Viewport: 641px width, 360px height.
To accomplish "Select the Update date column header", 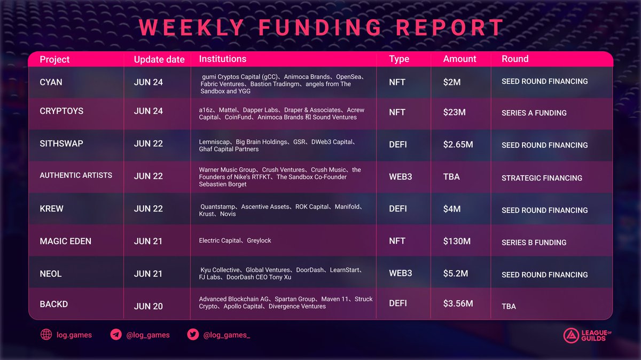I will [x=159, y=59].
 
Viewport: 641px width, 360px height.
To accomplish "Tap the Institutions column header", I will [x=223, y=59].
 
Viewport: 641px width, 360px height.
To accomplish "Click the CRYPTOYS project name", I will [x=62, y=111].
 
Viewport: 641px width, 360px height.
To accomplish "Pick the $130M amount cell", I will [x=457, y=241].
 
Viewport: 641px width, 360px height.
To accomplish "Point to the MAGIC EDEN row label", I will [x=65, y=241].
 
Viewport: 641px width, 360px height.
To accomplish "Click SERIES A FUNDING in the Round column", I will [x=534, y=113].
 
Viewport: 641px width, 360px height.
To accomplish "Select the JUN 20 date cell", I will [x=148, y=306].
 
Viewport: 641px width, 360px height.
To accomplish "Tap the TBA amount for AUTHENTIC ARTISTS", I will [x=451, y=176].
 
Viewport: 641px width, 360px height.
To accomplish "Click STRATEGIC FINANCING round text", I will [x=542, y=178].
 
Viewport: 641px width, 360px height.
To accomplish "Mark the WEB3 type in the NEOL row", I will [x=401, y=273].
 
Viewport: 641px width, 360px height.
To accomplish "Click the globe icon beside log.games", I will [x=46, y=335].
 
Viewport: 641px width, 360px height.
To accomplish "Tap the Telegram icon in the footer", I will [x=116, y=335].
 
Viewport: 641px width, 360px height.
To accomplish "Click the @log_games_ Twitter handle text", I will [x=226, y=335].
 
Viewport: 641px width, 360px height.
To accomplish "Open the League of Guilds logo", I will [x=585, y=335].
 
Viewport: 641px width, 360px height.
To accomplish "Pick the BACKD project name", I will [x=53, y=304].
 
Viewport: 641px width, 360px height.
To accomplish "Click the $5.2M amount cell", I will [x=456, y=273].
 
